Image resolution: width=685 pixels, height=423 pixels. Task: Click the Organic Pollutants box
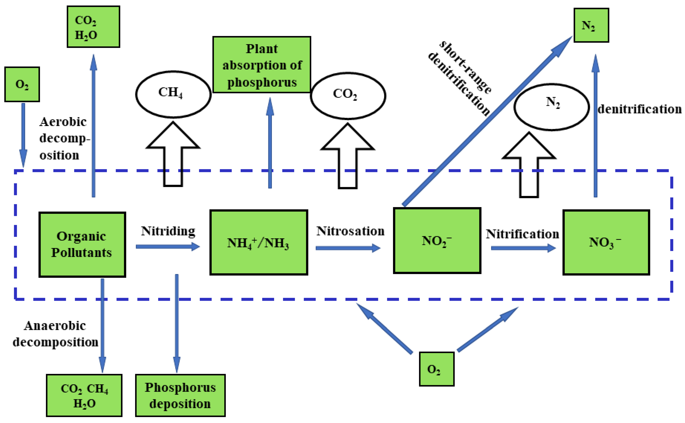coord(82,245)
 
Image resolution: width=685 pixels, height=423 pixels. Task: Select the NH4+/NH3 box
coord(259,242)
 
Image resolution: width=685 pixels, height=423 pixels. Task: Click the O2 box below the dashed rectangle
coord(437,369)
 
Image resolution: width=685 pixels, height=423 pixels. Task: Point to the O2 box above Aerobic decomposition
coord(22,84)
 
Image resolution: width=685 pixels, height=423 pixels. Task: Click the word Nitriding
coord(168,231)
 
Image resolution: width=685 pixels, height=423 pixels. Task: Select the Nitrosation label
coord(350,231)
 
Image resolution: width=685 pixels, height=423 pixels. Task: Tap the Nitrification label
coord(522,234)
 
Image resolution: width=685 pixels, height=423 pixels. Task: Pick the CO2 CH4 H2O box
coord(84,395)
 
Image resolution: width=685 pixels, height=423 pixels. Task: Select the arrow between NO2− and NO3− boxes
coord(523,248)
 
